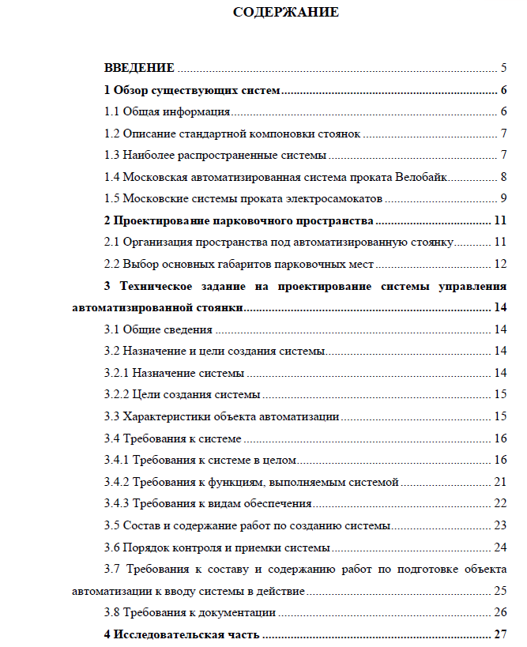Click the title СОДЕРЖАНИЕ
(x=286, y=12)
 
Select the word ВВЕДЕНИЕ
(x=139, y=69)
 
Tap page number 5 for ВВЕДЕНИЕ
(x=503, y=69)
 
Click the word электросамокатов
(x=337, y=197)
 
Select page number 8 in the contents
(x=503, y=176)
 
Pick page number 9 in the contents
(x=503, y=197)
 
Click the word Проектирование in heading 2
(x=157, y=220)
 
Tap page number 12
(x=499, y=263)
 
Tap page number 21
(x=499, y=481)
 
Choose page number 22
(x=499, y=503)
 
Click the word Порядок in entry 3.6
(x=145, y=547)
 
